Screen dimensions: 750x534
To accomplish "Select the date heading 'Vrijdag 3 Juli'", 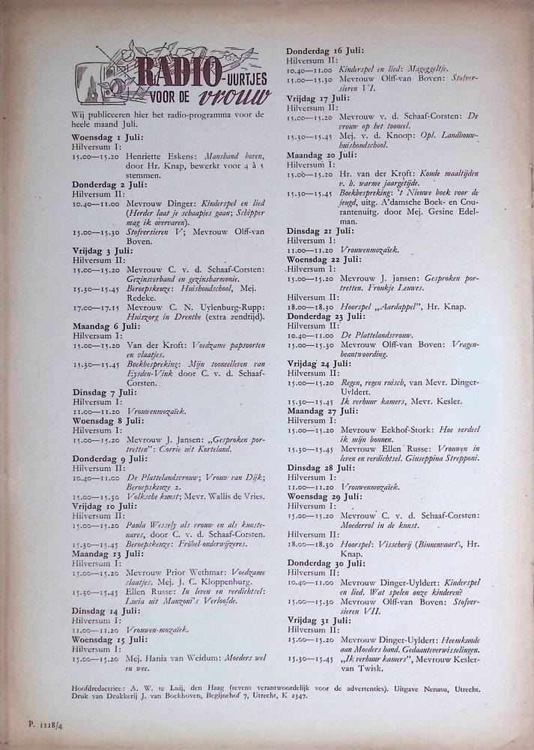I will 103,250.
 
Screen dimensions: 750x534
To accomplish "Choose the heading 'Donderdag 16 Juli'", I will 326,50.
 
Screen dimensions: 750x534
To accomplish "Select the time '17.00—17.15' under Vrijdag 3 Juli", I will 95,307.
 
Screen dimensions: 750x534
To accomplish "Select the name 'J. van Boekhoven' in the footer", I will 174,696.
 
